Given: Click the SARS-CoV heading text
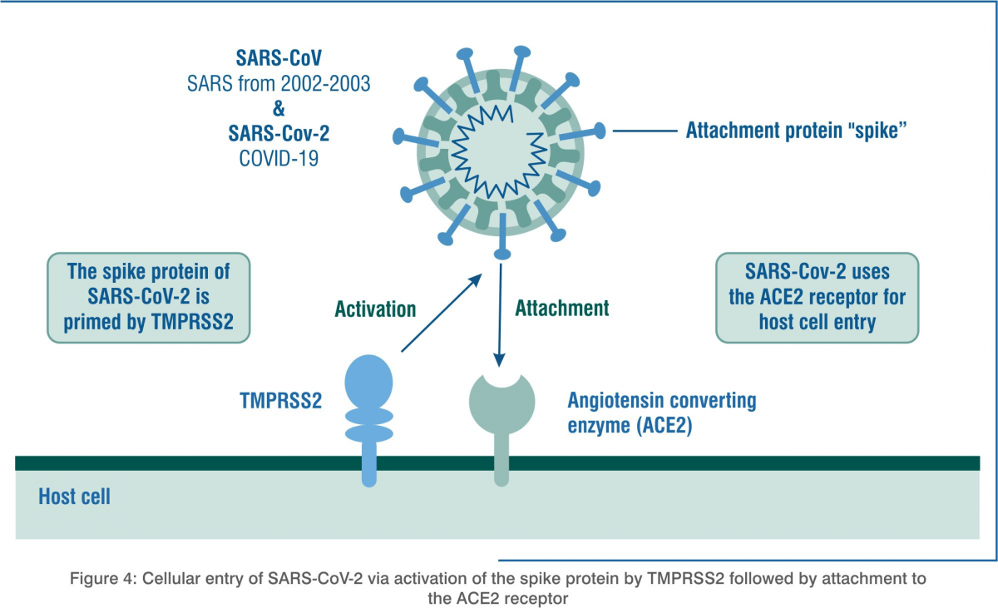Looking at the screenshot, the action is [279, 58].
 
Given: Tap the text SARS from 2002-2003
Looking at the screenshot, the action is [279, 83].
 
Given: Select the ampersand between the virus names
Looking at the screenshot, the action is [279, 108].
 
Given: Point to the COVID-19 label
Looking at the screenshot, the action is [279, 158].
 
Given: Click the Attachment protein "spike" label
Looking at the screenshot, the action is [796, 131].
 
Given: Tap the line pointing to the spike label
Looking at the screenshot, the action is [645, 131].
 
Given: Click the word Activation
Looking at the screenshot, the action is [375, 309].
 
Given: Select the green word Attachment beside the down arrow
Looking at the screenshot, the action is [562, 308].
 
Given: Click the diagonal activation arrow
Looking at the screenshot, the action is [442, 313].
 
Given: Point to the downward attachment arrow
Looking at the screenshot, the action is [500, 315].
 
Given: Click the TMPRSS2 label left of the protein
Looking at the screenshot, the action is [281, 400].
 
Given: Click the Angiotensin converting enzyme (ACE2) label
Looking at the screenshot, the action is [662, 413].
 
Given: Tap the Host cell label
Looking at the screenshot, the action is [74, 497].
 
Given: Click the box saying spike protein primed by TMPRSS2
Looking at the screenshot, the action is [148, 298].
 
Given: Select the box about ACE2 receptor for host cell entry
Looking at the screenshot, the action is [817, 298].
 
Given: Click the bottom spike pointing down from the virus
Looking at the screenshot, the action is [502, 236].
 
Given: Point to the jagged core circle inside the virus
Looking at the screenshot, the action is [499, 151].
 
